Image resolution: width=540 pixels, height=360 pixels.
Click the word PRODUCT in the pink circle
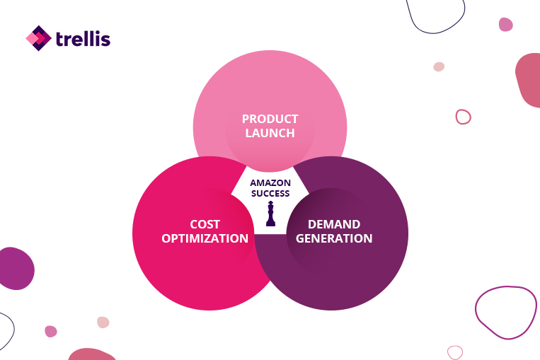[x=270, y=119]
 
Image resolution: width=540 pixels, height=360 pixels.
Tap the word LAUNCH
[x=270, y=133]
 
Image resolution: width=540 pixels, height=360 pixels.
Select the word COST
[x=205, y=224]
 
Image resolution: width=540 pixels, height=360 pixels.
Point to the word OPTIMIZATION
[x=205, y=238]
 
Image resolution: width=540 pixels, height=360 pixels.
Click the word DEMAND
[x=334, y=224]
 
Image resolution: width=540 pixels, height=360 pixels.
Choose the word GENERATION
[x=334, y=238]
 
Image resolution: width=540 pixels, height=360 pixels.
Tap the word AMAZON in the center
[x=270, y=182]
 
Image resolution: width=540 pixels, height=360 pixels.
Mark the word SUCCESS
[x=270, y=193]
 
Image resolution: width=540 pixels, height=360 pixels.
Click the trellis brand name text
[x=83, y=39]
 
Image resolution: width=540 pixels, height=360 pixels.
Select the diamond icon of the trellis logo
[x=38, y=38]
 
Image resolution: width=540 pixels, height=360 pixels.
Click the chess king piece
[x=270, y=214]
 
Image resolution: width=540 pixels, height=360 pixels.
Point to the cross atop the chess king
[x=270, y=202]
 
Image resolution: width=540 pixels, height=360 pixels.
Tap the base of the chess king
[x=270, y=224]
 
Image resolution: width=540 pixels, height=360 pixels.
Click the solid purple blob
[x=16, y=269]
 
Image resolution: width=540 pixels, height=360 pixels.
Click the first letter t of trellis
[x=60, y=40]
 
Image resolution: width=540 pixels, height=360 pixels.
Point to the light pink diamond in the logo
[x=32, y=38]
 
